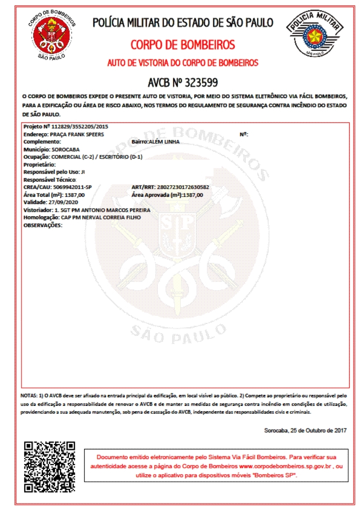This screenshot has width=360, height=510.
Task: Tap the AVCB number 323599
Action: tap(201, 82)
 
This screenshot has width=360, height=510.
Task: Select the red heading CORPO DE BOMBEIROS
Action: tap(183, 45)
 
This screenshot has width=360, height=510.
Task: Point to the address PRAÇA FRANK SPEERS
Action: tap(77, 134)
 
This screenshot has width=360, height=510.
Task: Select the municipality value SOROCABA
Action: tap(65, 149)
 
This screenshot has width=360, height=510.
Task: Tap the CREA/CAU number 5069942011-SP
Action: tap(72, 187)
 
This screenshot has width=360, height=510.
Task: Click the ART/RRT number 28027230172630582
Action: tap(183, 187)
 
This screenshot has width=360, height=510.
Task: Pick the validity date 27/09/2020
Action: tap(63, 202)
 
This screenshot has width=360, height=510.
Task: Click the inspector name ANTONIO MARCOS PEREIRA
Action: tap(116, 210)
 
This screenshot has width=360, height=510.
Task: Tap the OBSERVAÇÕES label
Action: tap(43, 225)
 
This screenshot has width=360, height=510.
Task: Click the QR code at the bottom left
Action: tap(50, 467)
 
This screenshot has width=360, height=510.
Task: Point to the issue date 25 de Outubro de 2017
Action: tap(318, 430)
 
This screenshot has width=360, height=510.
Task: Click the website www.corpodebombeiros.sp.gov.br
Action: tap(285, 466)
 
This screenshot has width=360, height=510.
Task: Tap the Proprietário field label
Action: tap(39, 165)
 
